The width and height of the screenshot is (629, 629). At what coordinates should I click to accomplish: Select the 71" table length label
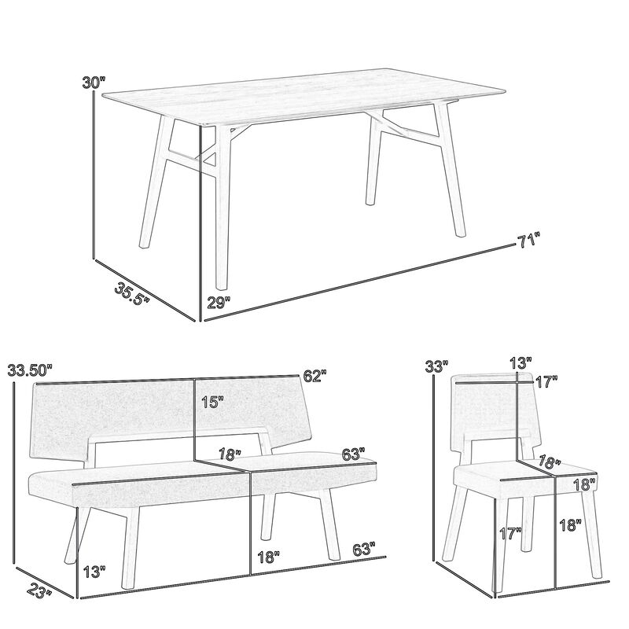[x=529, y=241]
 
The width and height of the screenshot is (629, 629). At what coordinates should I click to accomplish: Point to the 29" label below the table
[x=218, y=301]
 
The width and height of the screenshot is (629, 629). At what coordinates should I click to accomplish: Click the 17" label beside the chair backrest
[x=546, y=381]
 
